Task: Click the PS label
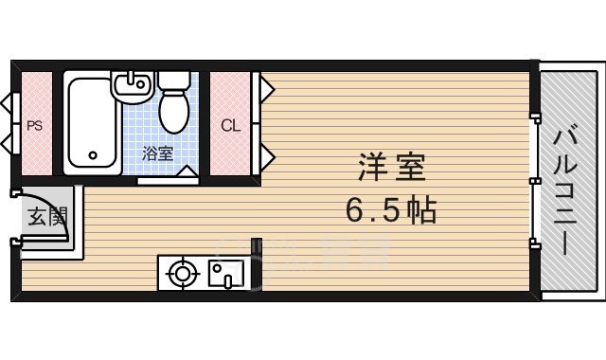[x=34, y=124]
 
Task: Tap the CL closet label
[x=230, y=124]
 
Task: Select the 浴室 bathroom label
[x=157, y=153]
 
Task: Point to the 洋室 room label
[x=391, y=168]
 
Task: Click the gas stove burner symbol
[x=181, y=274]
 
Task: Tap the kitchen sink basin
[x=226, y=275]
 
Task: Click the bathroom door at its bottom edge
[x=167, y=177]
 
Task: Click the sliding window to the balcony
[x=534, y=180]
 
